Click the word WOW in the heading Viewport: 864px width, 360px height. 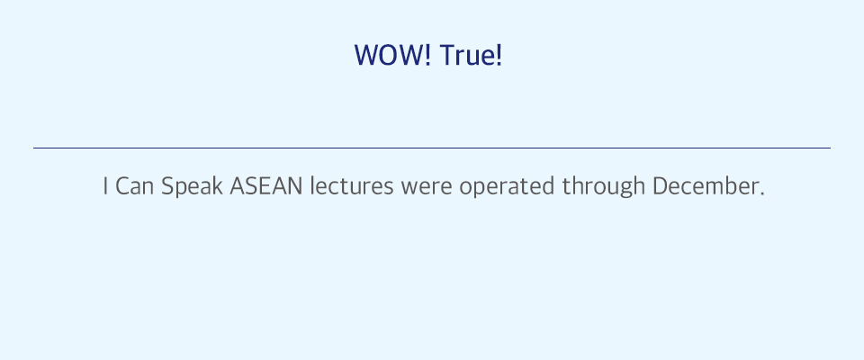click(390, 56)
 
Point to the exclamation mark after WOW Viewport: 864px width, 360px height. click(428, 56)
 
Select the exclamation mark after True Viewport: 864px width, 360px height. click(499, 56)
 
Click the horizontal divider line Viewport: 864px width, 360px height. click(432, 148)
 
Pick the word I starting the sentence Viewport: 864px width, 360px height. click(105, 186)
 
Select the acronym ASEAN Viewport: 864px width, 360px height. click(266, 186)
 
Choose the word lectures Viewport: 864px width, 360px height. click(352, 186)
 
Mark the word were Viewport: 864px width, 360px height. click(427, 188)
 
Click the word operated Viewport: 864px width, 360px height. click(508, 188)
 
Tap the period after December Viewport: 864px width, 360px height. click(761, 193)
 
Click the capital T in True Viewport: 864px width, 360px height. click(447, 56)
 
